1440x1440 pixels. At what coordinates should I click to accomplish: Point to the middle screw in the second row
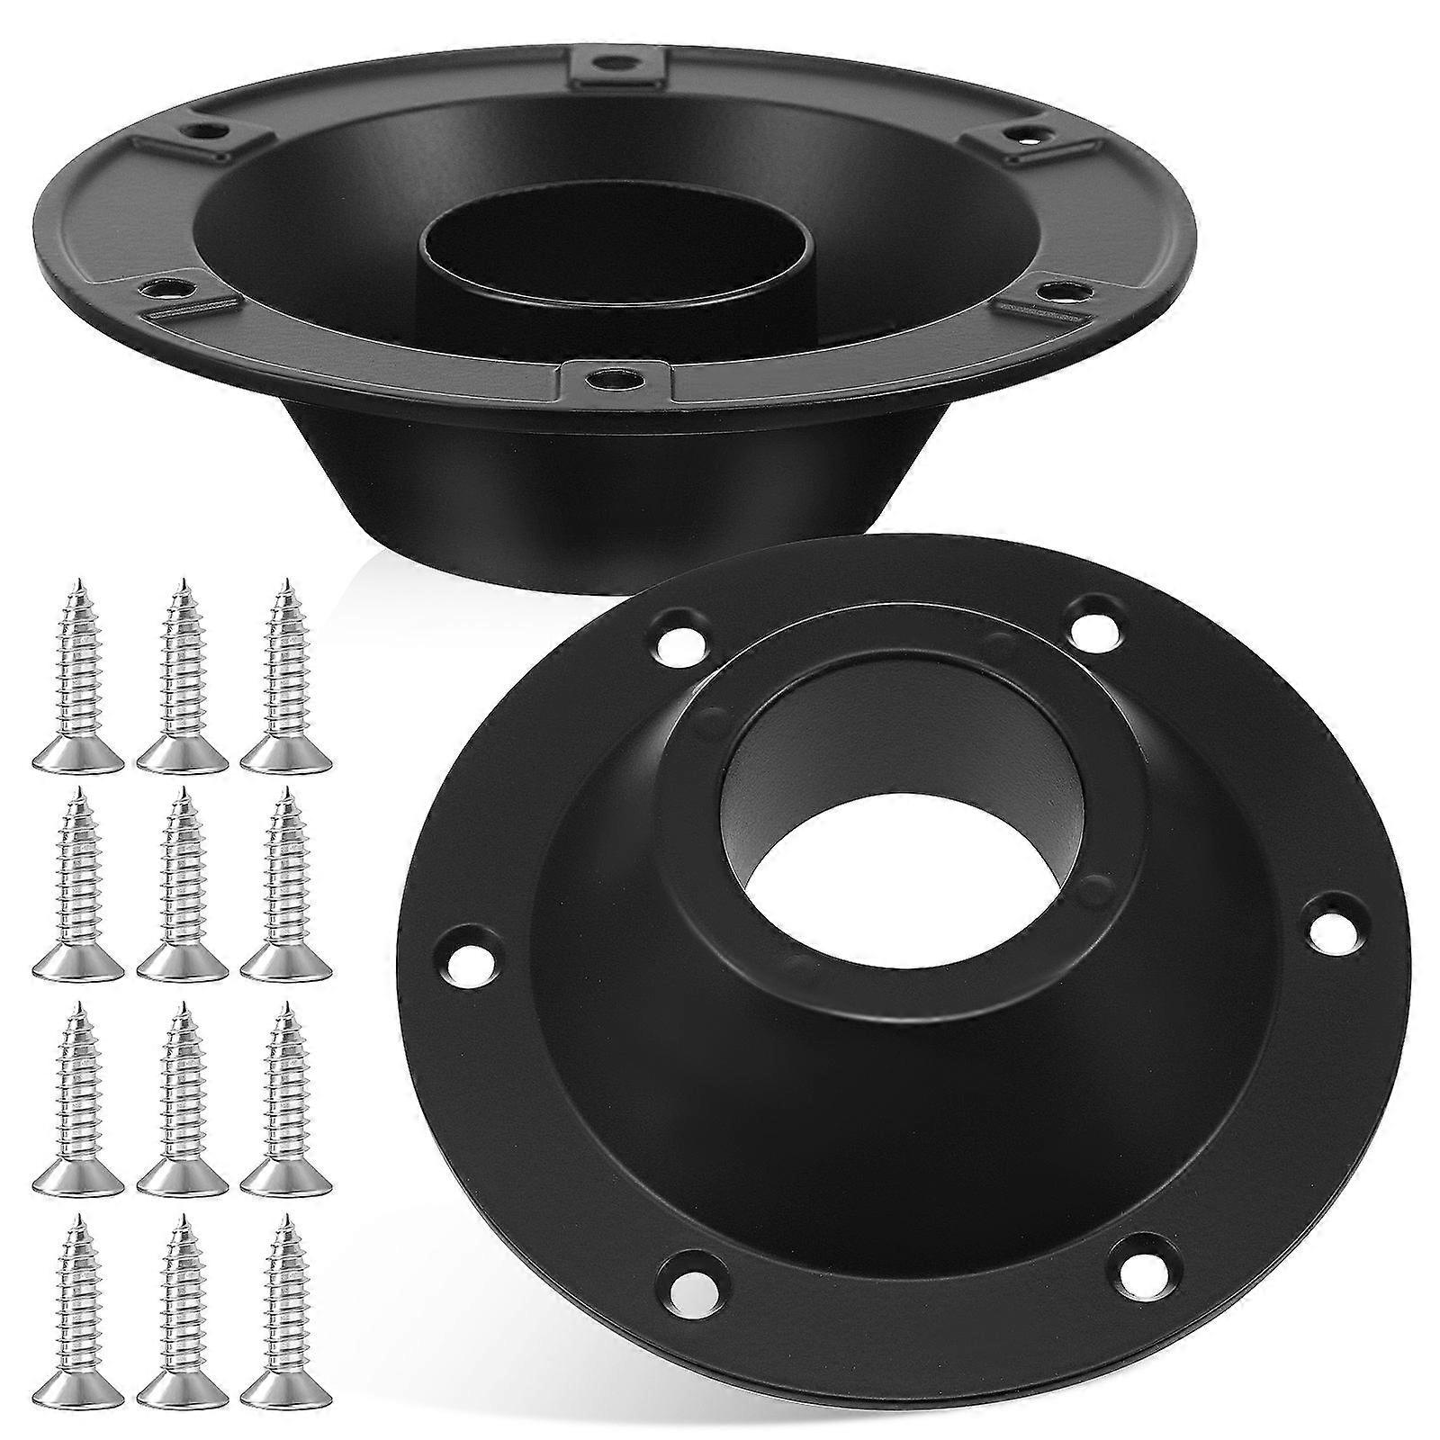pyautogui.click(x=181, y=886)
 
